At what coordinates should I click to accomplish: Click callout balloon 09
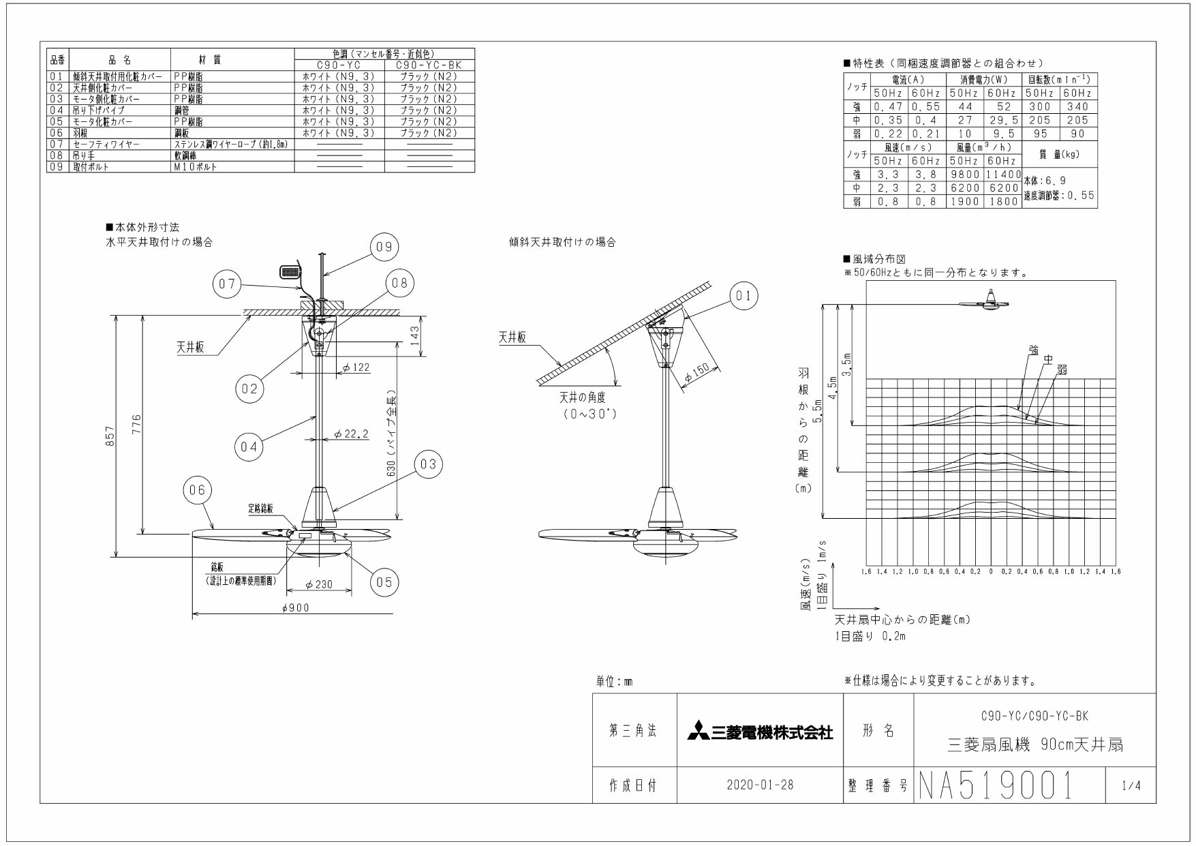click(x=384, y=247)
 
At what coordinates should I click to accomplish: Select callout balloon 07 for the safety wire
click(x=227, y=284)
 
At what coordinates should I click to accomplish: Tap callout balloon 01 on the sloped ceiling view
click(x=743, y=295)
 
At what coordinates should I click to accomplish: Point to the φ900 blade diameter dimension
click(x=295, y=607)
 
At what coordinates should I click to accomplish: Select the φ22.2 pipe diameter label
click(x=352, y=434)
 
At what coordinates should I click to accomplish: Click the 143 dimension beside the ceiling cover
click(x=415, y=336)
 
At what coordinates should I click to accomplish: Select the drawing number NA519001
click(x=996, y=785)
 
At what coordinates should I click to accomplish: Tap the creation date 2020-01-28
click(x=760, y=785)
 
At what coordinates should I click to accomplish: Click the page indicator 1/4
click(x=1131, y=785)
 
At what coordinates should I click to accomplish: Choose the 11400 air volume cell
click(x=1003, y=175)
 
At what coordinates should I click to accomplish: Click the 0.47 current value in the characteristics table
click(x=888, y=106)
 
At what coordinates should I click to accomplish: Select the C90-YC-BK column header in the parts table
click(x=429, y=65)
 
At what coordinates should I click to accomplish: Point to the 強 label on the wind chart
click(x=1034, y=350)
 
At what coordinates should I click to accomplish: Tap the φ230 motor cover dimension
click(x=319, y=584)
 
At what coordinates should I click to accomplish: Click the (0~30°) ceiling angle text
click(x=589, y=414)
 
